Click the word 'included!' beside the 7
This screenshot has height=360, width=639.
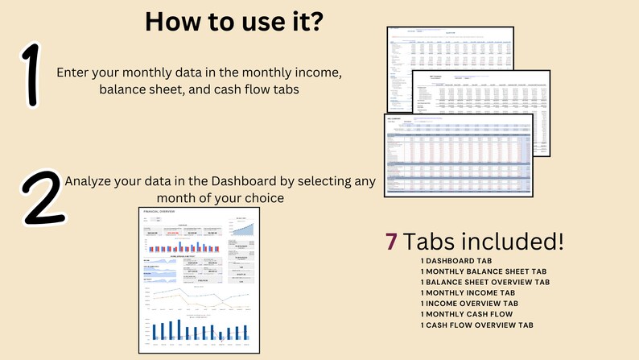point(522,241)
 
